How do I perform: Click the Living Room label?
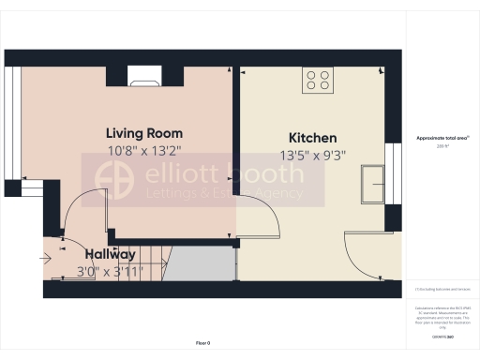(x=143, y=133)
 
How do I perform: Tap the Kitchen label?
(x=312, y=138)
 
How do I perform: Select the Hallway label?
(x=110, y=254)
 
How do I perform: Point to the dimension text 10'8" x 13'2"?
(x=143, y=150)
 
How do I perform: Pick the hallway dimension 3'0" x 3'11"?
(x=110, y=272)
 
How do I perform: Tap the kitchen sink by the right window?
(x=377, y=182)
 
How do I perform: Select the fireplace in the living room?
(x=144, y=77)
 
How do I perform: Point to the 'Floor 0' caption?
(x=203, y=343)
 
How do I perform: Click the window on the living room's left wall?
(x=11, y=122)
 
